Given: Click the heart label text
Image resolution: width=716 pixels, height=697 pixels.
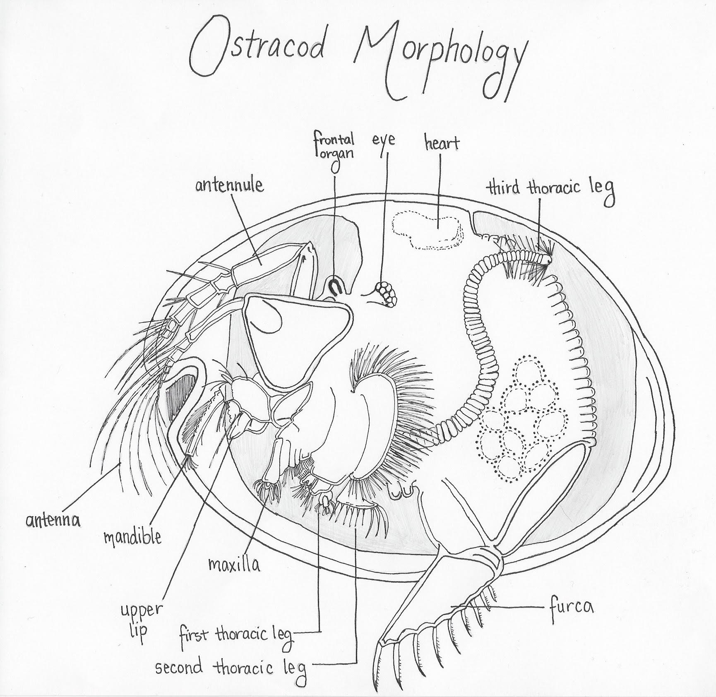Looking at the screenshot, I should click(442, 143).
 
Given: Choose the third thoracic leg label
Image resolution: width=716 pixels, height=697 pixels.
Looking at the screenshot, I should click(550, 190).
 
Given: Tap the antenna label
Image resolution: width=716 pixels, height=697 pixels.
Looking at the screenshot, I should click(53, 520).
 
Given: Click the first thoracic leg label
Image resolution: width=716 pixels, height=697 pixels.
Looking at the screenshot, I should click(236, 635).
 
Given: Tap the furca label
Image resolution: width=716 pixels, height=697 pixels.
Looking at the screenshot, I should click(572, 607).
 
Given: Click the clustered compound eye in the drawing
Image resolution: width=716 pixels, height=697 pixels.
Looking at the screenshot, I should click(386, 293).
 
